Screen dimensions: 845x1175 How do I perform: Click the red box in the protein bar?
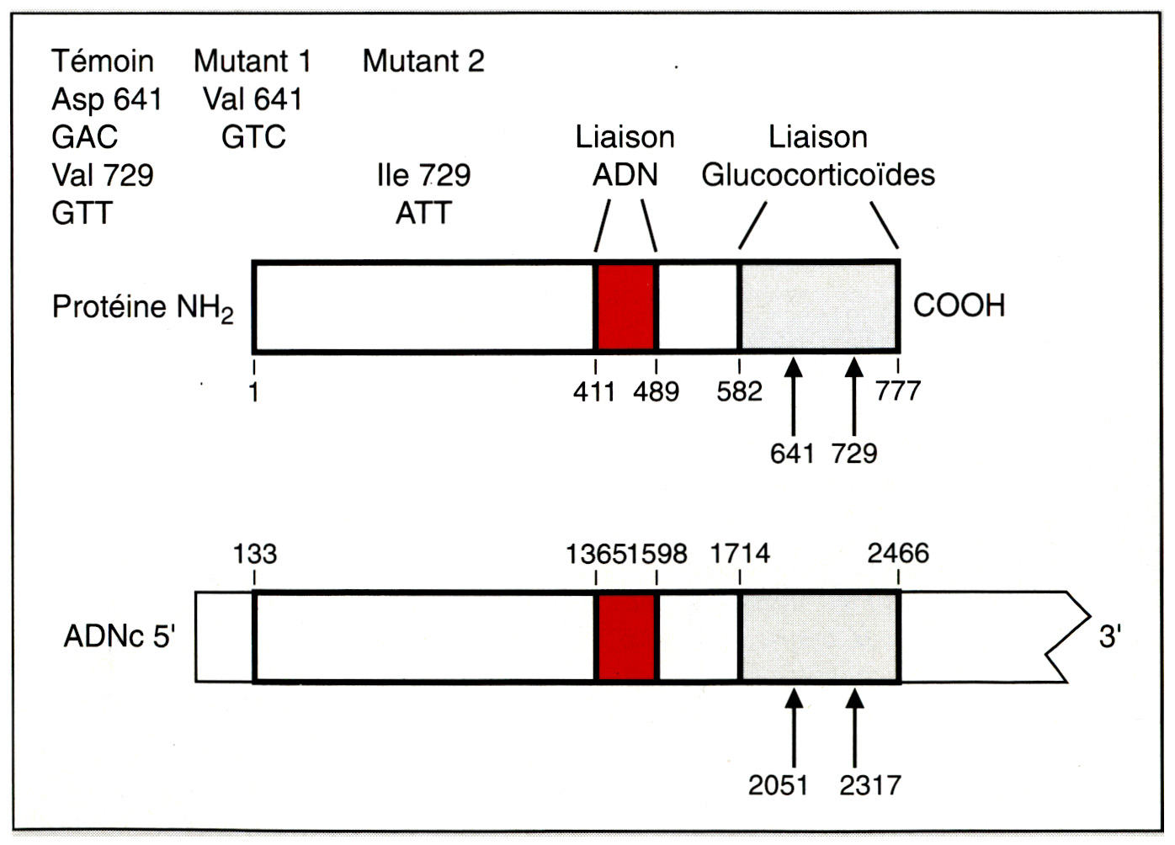pos(625,306)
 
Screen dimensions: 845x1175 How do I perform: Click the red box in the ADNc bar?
pos(625,637)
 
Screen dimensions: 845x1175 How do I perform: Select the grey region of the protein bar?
pos(818,306)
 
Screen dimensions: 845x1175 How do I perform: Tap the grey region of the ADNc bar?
pos(818,637)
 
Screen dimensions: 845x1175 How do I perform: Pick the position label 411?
pos(594,391)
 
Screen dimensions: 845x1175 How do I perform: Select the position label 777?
pos(898,391)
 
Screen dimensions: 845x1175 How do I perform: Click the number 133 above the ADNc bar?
pos(254,554)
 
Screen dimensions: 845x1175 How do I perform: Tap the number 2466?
pos(898,554)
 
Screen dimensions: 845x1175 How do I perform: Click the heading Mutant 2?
pos(423,61)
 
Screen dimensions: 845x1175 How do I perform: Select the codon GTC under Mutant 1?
pos(253,137)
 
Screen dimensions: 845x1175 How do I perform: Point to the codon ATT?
pos(423,213)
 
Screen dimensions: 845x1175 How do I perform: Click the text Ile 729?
pos(423,175)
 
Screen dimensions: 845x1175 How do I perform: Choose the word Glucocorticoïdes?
pos(818,175)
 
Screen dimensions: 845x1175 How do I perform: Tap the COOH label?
pos(959,306)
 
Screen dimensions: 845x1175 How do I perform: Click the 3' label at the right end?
pos(1109,637)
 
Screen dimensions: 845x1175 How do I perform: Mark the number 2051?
pos(778,785)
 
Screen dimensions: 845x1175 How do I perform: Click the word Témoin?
pos(103,61)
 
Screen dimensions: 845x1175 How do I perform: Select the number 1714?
pos(740,554)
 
